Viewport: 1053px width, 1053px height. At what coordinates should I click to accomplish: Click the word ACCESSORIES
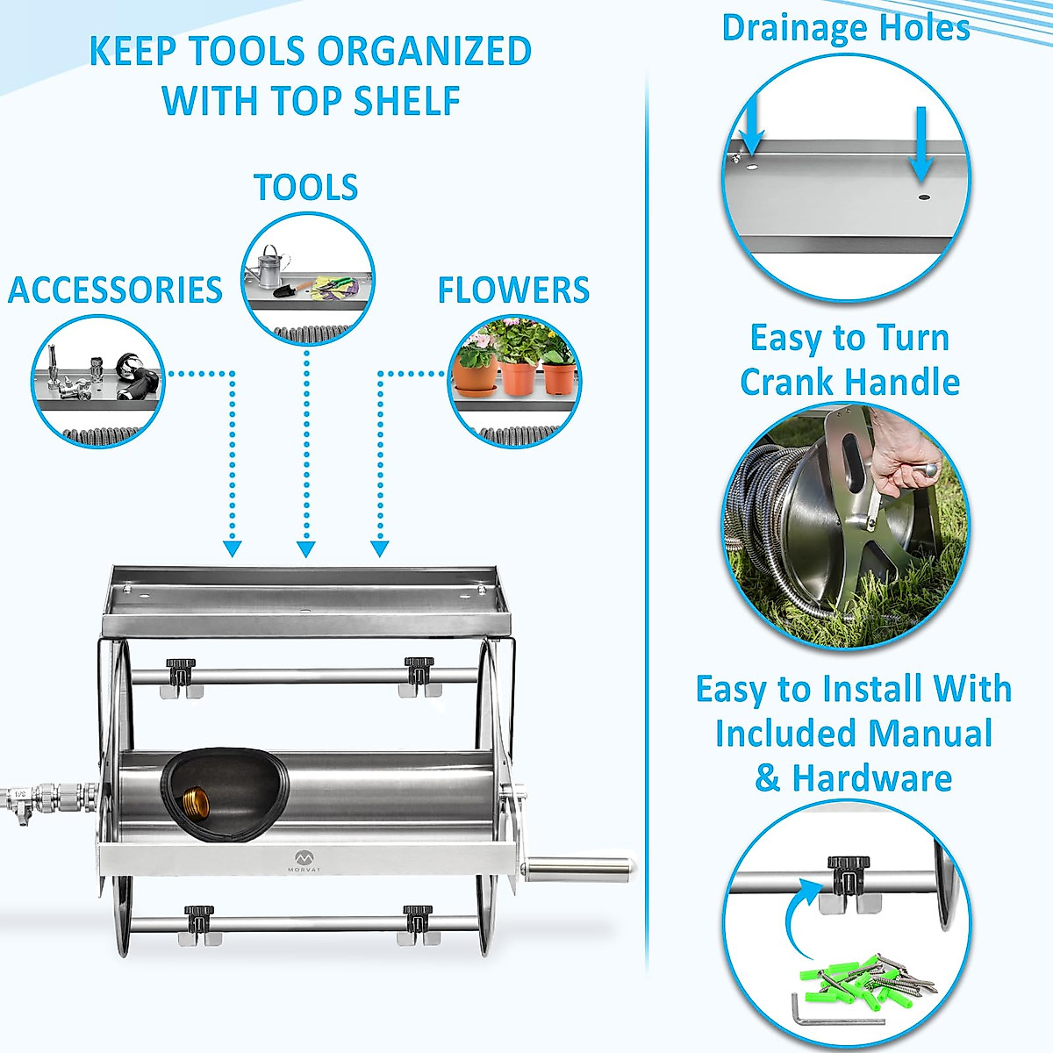(115, 290)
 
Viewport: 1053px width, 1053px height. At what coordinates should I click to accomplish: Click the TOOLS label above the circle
(305, 188)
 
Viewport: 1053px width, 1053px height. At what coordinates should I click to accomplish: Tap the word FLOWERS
(513, 290)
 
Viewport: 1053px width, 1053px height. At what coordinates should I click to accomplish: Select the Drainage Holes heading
(845, 28)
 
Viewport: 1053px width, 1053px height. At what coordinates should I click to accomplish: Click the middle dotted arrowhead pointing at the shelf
(305, 549)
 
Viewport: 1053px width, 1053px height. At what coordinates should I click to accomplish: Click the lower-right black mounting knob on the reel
(417, 918)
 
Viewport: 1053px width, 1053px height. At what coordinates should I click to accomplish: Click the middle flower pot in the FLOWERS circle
(519, 375)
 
